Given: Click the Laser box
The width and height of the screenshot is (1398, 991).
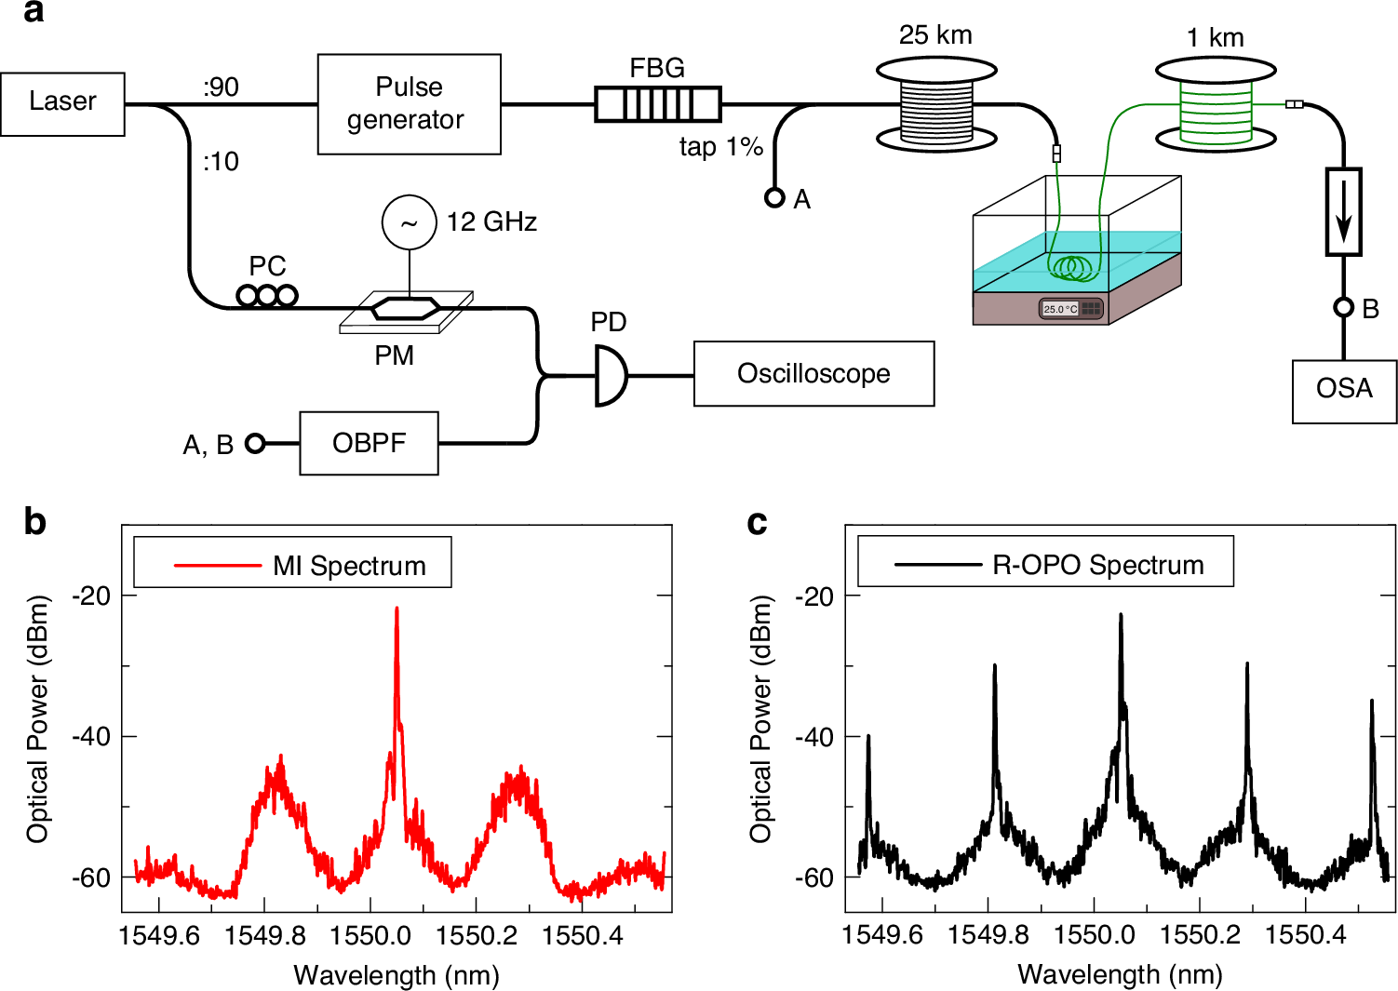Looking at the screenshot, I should [x=62, y=103].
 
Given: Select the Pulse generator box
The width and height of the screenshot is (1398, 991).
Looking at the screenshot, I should [x=409, y=103].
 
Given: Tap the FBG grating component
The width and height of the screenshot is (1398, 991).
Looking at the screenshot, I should [x=658, y=103].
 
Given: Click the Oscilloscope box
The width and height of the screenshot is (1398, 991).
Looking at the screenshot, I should [x=813, y=373].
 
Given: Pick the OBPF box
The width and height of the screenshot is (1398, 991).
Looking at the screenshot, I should [x=369, y=443].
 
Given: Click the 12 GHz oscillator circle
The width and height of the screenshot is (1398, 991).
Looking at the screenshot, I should [x=409, y=222].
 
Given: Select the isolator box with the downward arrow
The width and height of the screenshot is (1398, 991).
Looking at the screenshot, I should [x=1343, y=212].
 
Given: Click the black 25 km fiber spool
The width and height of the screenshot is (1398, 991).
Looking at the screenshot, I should [x=936, y=105].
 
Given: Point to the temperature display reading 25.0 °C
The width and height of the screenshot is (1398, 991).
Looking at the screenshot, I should [x=1060, y=309].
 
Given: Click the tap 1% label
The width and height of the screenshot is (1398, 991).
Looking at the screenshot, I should [x=720, y=147].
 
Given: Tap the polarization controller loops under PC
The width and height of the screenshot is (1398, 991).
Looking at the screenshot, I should [x=267, y=296].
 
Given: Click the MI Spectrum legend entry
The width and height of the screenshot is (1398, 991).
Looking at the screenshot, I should [x=349, y=566].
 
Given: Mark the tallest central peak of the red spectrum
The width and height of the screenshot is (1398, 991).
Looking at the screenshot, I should [x=397, y=609].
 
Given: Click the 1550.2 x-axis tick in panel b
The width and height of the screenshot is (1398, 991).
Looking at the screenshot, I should [x=477, y=934].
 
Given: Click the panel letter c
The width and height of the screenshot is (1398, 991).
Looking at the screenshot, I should [x=757, y=524].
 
